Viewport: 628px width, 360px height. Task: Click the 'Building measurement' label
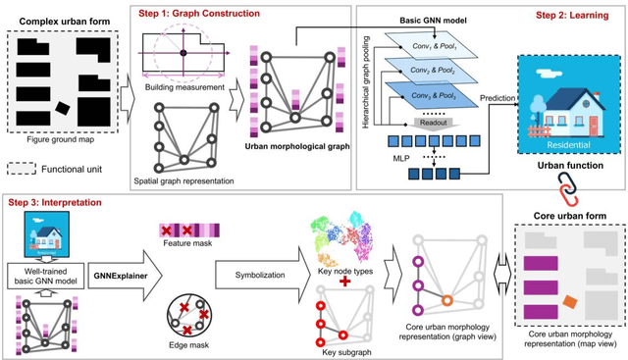[x=182, y=87]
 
